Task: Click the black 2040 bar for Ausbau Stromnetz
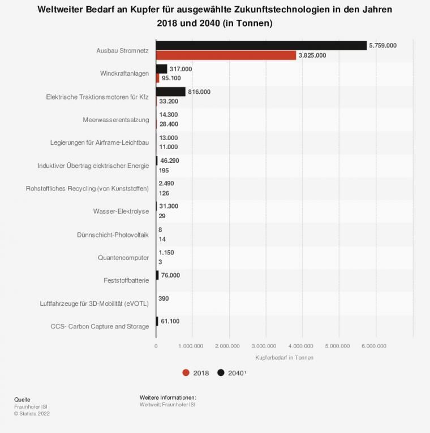click(261, 46)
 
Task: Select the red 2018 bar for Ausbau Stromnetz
click(226, 55)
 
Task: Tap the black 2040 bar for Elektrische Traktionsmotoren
click(170, 92)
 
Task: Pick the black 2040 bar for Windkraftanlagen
click(161, 69)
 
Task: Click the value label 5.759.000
click(382, 46)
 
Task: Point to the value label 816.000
click(199, 92)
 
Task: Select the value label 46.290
click(169, 161)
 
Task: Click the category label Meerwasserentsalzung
click(115, 120)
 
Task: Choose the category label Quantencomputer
click(123, 258)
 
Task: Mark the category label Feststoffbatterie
click(126, 280)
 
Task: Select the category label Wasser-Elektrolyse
click(121, 211)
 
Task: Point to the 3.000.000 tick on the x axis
click(265, 345)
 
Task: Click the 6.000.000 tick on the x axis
click(374, 345)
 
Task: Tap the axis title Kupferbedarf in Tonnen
click(284, 358)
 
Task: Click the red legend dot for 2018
click(186, 373)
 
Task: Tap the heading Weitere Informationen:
click(167, 397)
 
